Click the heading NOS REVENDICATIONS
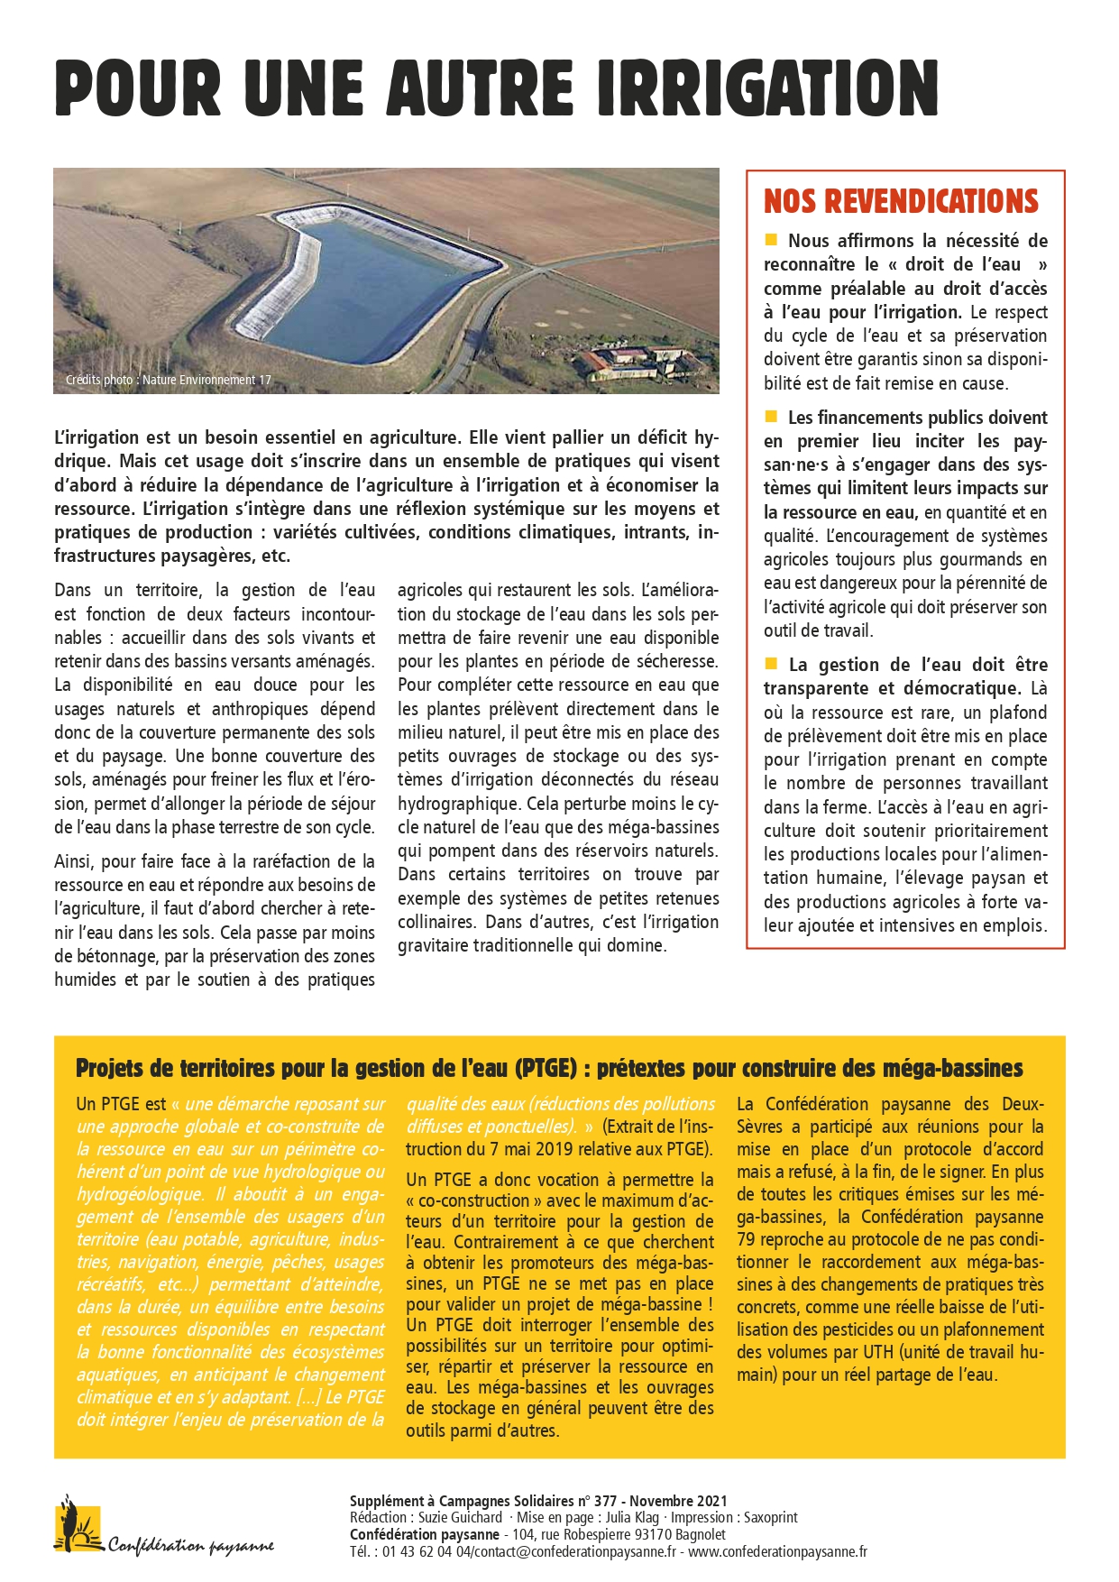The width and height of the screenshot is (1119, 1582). coord(901,201)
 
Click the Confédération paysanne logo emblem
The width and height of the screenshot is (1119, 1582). coord(78,1524)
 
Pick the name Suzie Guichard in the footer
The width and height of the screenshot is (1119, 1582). coord(460,1518)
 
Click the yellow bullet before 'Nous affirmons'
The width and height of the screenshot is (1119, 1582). coord(771,240)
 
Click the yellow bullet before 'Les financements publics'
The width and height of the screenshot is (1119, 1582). coord(771,417)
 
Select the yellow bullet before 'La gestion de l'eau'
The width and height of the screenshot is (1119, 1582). coord(771,664)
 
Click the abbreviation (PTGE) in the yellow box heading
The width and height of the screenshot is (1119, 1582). coord(546,1069)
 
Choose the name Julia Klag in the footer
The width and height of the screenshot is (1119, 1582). coord(632,1518)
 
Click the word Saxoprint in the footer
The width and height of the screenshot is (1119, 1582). coord(764,1518)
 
